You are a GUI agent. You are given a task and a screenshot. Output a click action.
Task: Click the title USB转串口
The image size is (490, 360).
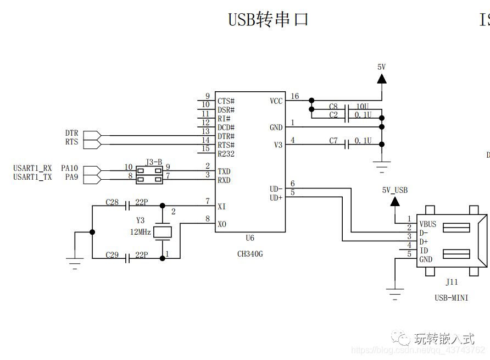(268, 20)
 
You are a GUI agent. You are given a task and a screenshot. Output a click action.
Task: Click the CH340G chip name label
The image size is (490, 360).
(250, 254)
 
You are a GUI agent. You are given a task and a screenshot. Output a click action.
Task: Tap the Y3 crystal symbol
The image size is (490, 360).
(162, 231)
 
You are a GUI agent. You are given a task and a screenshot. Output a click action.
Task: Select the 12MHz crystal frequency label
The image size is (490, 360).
(140, 232)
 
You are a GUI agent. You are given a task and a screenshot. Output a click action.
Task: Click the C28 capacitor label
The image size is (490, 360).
(112, 202)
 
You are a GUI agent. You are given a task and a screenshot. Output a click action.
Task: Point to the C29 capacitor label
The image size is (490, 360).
(112, 255)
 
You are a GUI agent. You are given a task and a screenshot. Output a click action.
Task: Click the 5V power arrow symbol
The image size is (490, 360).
(381, 79)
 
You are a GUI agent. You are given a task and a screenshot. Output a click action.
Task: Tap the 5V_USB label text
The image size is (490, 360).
(395, 190)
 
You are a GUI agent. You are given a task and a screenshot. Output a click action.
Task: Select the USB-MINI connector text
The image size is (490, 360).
(451, 298)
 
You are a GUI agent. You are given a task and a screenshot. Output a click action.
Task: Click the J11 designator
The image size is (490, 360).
(451, 282)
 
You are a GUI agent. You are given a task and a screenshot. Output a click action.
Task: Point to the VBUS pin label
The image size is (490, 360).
(428, 224)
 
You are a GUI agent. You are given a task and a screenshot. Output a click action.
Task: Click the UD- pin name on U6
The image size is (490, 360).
(276, 189)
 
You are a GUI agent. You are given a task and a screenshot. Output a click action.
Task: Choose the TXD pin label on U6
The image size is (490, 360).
(224, 171)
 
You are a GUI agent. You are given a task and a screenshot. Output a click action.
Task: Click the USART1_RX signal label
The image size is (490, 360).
(32, 168)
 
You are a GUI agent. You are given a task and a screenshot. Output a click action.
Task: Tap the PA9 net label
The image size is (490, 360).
(71, 177)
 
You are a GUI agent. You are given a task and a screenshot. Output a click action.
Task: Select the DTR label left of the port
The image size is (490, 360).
(71, 133)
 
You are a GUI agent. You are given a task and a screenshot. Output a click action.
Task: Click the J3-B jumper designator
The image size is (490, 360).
(154, 162)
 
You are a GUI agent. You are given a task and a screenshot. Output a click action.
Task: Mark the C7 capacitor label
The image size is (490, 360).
(333, 141)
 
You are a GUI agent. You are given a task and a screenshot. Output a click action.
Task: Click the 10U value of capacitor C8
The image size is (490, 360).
(363, 106)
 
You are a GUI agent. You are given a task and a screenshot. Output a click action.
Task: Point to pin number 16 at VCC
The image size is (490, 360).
(295, 96)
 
